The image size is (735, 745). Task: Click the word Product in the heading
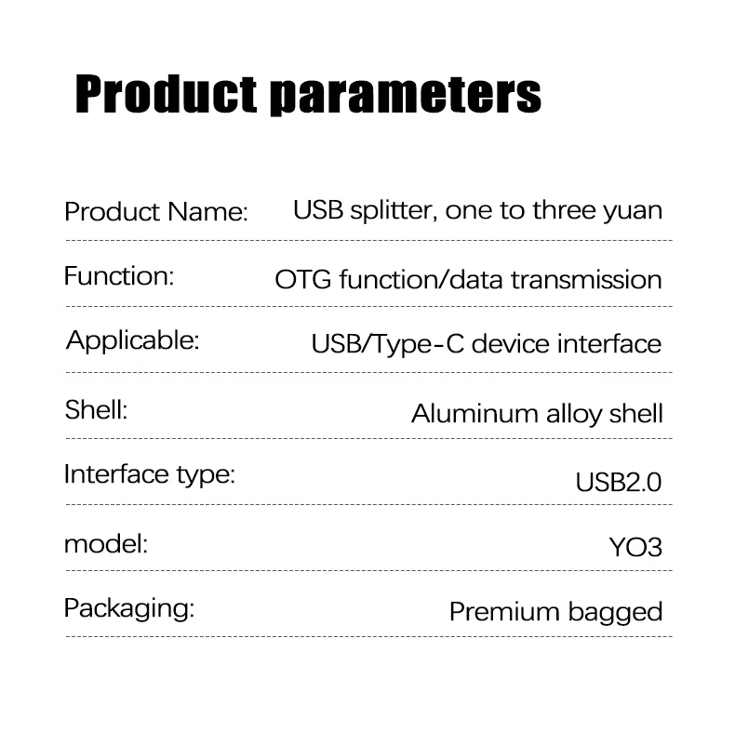(166, 94)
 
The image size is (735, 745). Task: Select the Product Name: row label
(156, 211)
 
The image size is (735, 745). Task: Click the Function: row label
(119, 276)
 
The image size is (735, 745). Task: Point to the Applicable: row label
(133, 341)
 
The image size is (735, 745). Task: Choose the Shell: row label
(96, 409)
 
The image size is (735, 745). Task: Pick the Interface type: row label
(150, 474)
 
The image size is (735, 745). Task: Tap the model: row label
(106, 544)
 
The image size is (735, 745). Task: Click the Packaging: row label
(129, 608)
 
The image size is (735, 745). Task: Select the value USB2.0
(619, 483)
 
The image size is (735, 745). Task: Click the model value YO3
(635, 547)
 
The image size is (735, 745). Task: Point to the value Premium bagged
(555, 612)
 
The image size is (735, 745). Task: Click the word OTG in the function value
(303, 279)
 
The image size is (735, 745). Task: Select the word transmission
(587, 279)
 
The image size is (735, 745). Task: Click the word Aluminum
(474, 413)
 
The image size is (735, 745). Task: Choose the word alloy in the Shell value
(574, 414)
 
